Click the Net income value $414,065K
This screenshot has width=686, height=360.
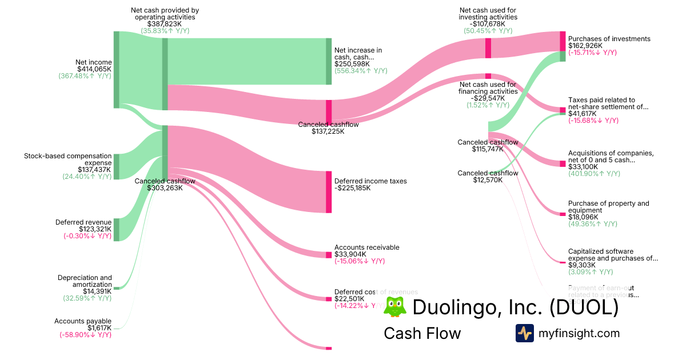[94, 69]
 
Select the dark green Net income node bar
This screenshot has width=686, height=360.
[116, 70]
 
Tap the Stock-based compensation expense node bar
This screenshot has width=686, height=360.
[116, 166]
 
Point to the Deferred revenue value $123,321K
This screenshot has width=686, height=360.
[94, 229]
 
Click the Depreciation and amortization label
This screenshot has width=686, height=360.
[85, 281]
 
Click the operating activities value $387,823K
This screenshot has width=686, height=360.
[165, 24]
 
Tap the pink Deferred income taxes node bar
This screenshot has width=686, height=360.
[329, 191]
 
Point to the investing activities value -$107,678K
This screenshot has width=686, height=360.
[488, 24]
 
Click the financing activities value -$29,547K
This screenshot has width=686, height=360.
[488, 98]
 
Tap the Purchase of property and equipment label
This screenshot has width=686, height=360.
[608, 207]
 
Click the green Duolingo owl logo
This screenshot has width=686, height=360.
[394, 307]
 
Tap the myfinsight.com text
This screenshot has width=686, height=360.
[579, 333]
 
